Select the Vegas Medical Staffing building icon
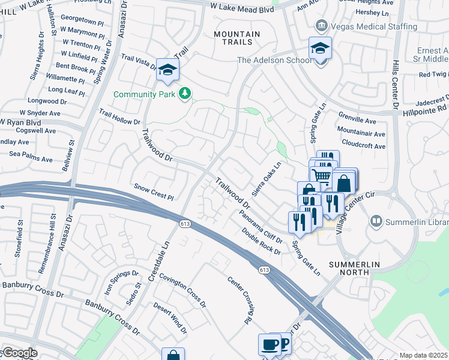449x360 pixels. point(321,26)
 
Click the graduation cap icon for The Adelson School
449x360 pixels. point(320,48)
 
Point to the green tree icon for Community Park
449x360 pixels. point(185,94)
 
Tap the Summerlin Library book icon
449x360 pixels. point(376,222)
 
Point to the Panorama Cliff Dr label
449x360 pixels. point(260,223)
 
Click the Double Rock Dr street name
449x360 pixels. point(262,241)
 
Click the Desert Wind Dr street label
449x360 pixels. point(170,318)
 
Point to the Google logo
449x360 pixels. point(19,353)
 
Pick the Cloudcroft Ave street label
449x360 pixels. point(363,146)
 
